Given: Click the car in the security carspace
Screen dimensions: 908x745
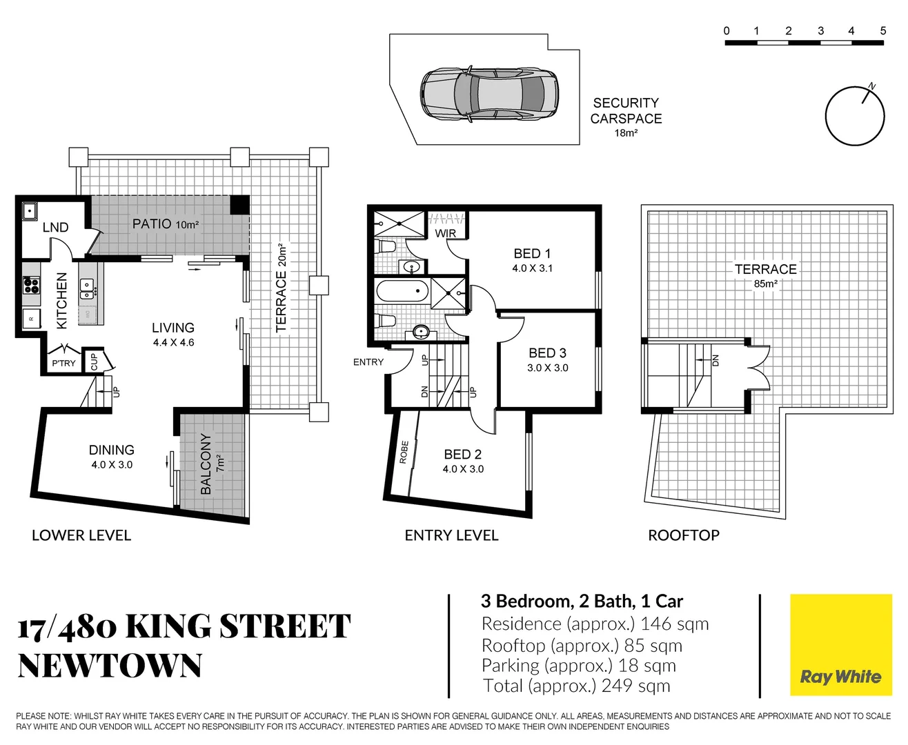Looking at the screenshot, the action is pos(489,93).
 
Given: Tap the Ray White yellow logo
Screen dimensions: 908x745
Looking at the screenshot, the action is pos(840,645).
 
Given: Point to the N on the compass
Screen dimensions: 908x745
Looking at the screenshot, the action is pos(872,86).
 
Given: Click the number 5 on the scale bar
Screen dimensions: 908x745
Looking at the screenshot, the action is pos(883,31).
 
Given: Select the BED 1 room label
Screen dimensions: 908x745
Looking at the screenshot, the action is pos(532,253).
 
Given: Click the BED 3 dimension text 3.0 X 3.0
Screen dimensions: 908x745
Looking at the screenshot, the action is pos(548,368).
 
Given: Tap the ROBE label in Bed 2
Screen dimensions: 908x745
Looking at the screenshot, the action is pos(404,453).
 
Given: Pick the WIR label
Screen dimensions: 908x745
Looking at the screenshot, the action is pos(446,233).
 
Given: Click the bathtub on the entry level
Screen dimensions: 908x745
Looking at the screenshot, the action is pos(402,291).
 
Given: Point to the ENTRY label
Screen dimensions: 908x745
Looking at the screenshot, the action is pos(368,362).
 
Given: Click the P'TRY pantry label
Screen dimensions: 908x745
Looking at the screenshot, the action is pos(63,364).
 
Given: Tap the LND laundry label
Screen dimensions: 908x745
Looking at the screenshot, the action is pos(55,227).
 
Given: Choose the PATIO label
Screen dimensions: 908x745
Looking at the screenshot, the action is pos(152,223).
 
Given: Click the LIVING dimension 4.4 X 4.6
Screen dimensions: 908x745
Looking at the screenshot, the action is pos(173,343).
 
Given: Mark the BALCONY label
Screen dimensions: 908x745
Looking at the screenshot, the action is pos(206,464).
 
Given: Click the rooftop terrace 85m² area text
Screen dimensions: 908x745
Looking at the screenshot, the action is pos(765,284).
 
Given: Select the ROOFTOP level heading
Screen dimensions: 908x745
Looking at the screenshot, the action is pos(684,535).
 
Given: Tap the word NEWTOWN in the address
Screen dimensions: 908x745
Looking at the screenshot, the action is pos(110,665).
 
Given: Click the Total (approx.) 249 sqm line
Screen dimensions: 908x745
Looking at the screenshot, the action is pos(577,686).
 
